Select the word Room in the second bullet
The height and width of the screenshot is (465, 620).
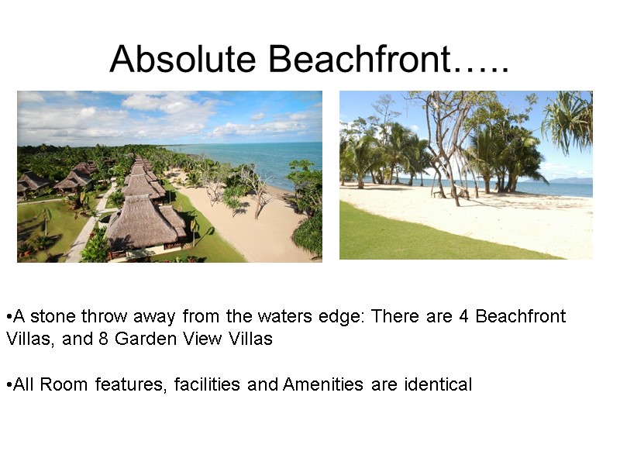[61, 384]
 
